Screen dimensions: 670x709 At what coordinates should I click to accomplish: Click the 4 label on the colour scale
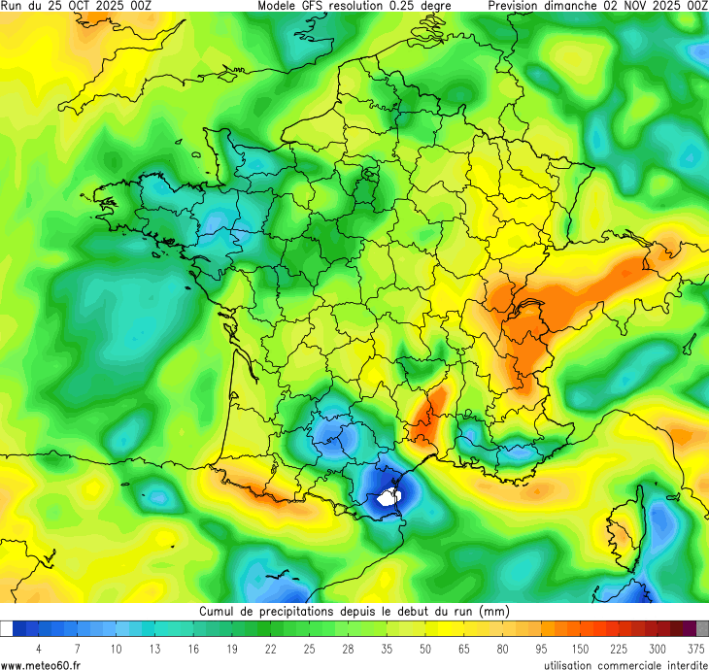(x=39, y=648)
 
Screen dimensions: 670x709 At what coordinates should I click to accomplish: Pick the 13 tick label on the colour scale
(x=153, y=648)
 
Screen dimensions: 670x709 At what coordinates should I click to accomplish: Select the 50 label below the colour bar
(x=424, y=648)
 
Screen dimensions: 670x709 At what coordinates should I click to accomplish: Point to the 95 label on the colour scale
(x=540, y=648)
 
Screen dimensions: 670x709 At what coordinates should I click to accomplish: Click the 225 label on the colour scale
(x=618, y=648)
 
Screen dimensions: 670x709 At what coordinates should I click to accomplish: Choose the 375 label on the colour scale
(x=695, y=648)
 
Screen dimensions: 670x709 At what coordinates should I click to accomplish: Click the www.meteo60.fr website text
(x=41, y=664)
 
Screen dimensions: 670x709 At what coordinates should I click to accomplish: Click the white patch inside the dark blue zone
(x=389, y=497)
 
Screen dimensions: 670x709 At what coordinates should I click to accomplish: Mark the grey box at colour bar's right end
(x=702, y=628)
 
